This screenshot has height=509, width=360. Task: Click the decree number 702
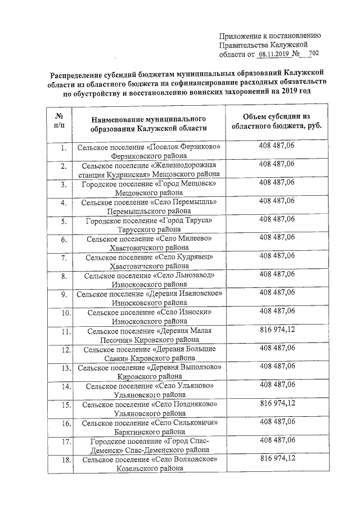[x=313, y=53]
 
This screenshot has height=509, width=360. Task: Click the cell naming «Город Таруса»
[x=149, y=225]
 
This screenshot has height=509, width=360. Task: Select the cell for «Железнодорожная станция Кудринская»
[x=149, y=170]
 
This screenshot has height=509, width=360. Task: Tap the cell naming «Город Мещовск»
[x=149, y=188]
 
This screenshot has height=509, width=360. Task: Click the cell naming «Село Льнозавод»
[x=149, y=280]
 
